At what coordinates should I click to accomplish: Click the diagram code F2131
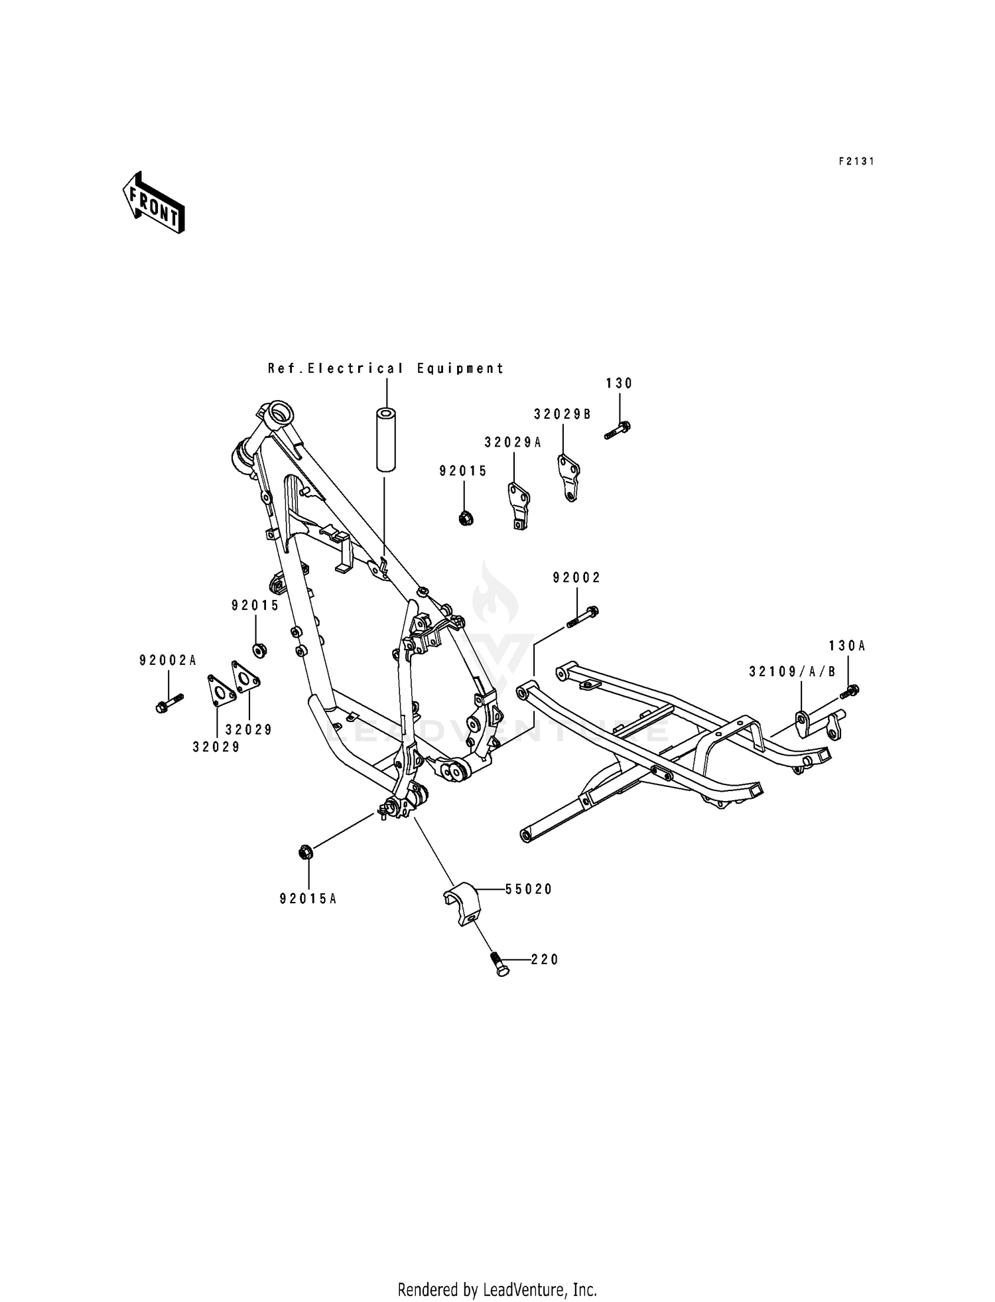pos(856,161)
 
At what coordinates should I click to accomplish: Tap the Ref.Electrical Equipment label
pos(385,368)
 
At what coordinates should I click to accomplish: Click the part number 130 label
pos(619,384)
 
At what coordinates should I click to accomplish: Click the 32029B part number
pos(563,414)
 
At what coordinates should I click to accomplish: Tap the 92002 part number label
pos(576,578)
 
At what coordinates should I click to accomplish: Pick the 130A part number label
pos(847,645)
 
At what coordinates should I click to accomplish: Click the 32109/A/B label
pos(792,672)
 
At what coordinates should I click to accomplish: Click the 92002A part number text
pos(168,660)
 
